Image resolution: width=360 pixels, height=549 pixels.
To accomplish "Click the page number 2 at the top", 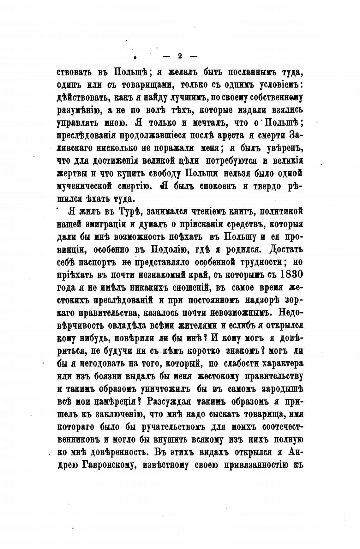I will [180, 56].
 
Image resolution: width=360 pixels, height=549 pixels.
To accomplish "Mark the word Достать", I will [286, 249].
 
